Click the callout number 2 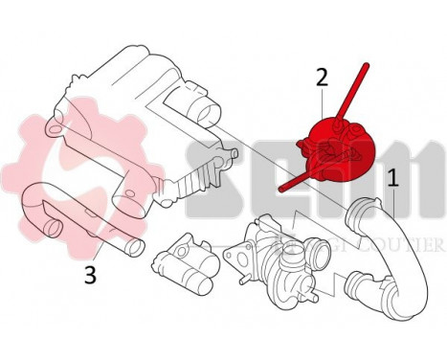coord(323,76)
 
